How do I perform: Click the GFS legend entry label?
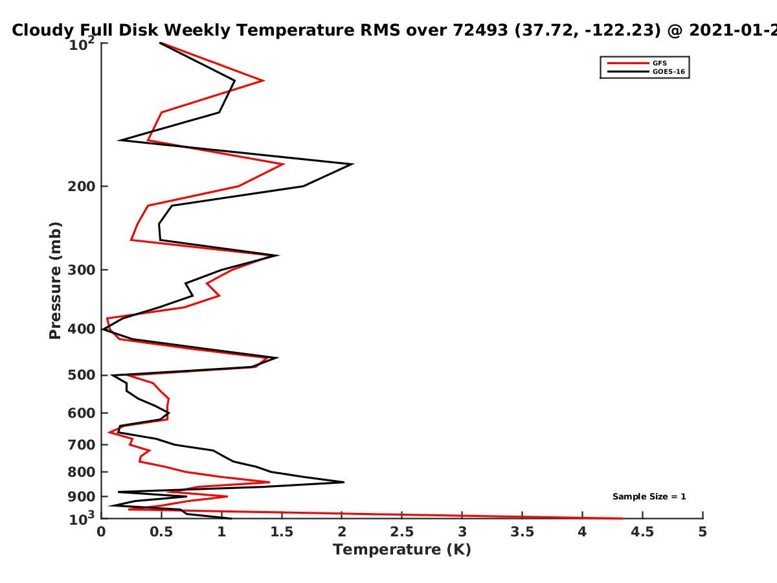point(659,63)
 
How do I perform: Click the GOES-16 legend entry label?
point(669,71)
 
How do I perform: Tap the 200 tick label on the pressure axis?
point(82,186)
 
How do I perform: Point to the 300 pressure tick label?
point(82,269)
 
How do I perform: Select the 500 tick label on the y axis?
point(82,375)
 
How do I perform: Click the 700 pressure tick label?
point(82,444)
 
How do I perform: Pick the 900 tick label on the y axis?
point(82,497)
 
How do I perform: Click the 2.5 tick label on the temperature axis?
point(402,532)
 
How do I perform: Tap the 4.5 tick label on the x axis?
point(642,532)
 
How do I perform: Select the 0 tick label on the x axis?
point(101,532)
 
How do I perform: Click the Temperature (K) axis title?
point(402,550)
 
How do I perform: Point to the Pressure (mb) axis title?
point(55,280)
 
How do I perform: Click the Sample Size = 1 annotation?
point(649,497)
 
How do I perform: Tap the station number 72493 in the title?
point(480,30)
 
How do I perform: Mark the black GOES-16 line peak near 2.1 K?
point(353,164)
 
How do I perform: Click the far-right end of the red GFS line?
point(622,519)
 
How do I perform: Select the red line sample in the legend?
point(628,63)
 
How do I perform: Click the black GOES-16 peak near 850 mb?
point(343,482)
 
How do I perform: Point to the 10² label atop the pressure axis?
point(82,44)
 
